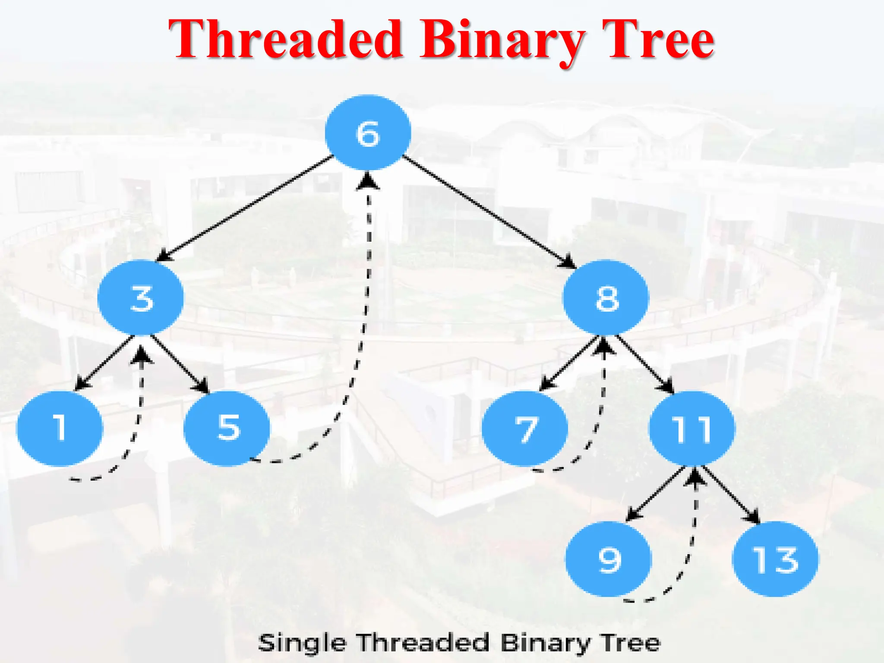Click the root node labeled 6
pyautogui.click(x=368, y=133)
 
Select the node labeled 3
pyautogui.click(x=141, y=298)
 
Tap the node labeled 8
pyautogui.click(x=606, y=298)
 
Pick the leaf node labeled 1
pyautogui.click(x=60, y=428)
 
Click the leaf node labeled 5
pyautogui.click(x=227, y=428)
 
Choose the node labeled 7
pyautogui.click(x=525, y=429)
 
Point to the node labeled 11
pyautogui.click(x=691, y=429)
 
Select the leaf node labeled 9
pyautogui.click(x=608, y=559)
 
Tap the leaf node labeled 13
pyautogui.click(x=775, y=559)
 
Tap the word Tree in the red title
pyautogui.click(x=658, y=40)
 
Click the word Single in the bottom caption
pyautogui.click(x=302, y=643)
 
